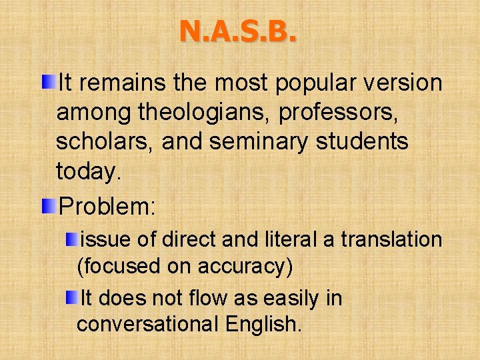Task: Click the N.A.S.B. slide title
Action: (x=238, y=31)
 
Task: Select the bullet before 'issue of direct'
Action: (x=71, y=239)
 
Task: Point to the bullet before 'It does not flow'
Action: (x=71, y=297)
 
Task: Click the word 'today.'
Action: (x=89, y=173)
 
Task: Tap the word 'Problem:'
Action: (x=107, y=206)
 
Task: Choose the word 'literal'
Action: (x=285, y=239)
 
